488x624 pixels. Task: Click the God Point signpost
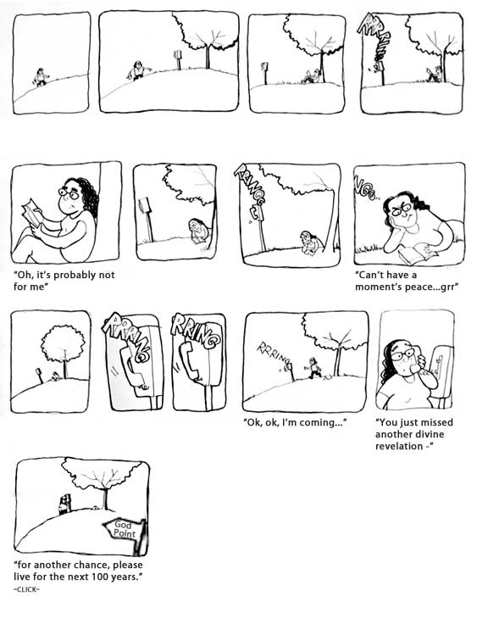(x=125, y=532)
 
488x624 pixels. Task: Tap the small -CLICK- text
(x=26, y=589)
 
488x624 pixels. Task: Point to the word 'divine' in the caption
(x=430, y=434)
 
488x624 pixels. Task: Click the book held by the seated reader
(x=32, y=214)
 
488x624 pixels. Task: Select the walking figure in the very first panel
(x=41, y=77)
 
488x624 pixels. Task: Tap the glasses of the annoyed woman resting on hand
(x=402, y=209)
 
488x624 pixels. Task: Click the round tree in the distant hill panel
(x=63, y=344)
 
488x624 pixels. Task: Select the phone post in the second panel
(x=178, y=59)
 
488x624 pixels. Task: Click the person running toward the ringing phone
(x=314, y=368)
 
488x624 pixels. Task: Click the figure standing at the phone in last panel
(x=64, y=504)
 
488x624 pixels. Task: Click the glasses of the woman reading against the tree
(x=69, y=194)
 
